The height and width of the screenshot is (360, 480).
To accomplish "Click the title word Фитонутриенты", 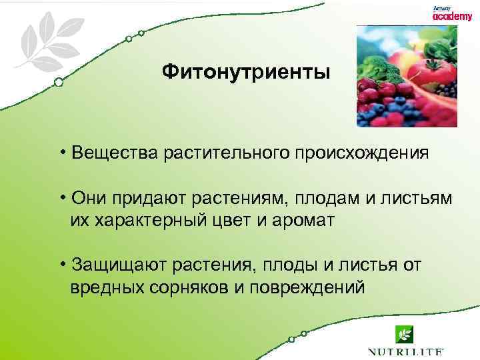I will pyautogui.click(x=245, y=71).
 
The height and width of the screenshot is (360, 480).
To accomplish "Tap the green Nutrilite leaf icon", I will pyautogui.click(x=404, y=334).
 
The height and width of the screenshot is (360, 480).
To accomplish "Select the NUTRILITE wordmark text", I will pyautogui.click(x=404, y=351).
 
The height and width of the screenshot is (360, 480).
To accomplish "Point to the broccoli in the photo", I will pyautogui.click(x=376, y=67).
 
